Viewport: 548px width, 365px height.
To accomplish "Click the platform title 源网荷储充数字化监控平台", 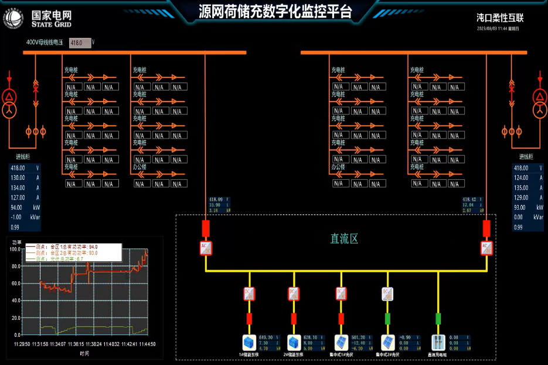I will (275, 12).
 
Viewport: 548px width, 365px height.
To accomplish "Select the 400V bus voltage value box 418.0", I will (80, 43).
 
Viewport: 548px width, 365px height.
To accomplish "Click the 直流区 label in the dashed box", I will (344, 238).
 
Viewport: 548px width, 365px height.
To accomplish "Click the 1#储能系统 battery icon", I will (249, 342).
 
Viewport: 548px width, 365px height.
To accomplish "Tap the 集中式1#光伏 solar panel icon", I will (341, 342).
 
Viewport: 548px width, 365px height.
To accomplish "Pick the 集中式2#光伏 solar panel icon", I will (387, 342).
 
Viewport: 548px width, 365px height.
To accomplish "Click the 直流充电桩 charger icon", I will (438, 342).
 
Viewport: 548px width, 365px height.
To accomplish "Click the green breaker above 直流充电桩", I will (438, 318).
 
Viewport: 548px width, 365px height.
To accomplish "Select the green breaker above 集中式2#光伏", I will (387, 318).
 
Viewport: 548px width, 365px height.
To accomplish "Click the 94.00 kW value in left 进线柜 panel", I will (18, 207).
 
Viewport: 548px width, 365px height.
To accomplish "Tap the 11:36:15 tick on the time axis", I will (77, 344).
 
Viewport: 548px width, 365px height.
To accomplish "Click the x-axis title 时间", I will (85, 354).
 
